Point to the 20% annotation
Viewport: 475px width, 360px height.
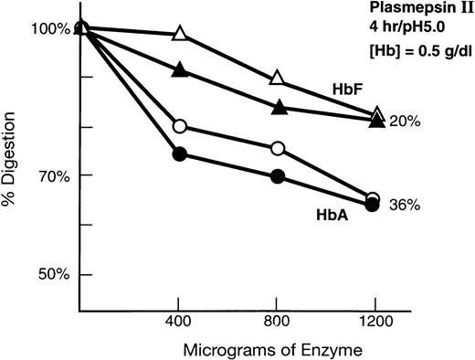[x=405, y=120]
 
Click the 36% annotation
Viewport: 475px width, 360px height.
[x=405, y=204]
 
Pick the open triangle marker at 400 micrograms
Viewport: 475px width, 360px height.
[x=180, y=35]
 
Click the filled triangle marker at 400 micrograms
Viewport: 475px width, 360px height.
[x=180, y=69]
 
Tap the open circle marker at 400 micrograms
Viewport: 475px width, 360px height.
[x=180, y=126]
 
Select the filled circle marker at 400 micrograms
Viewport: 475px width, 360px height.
[x=180, y=154]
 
